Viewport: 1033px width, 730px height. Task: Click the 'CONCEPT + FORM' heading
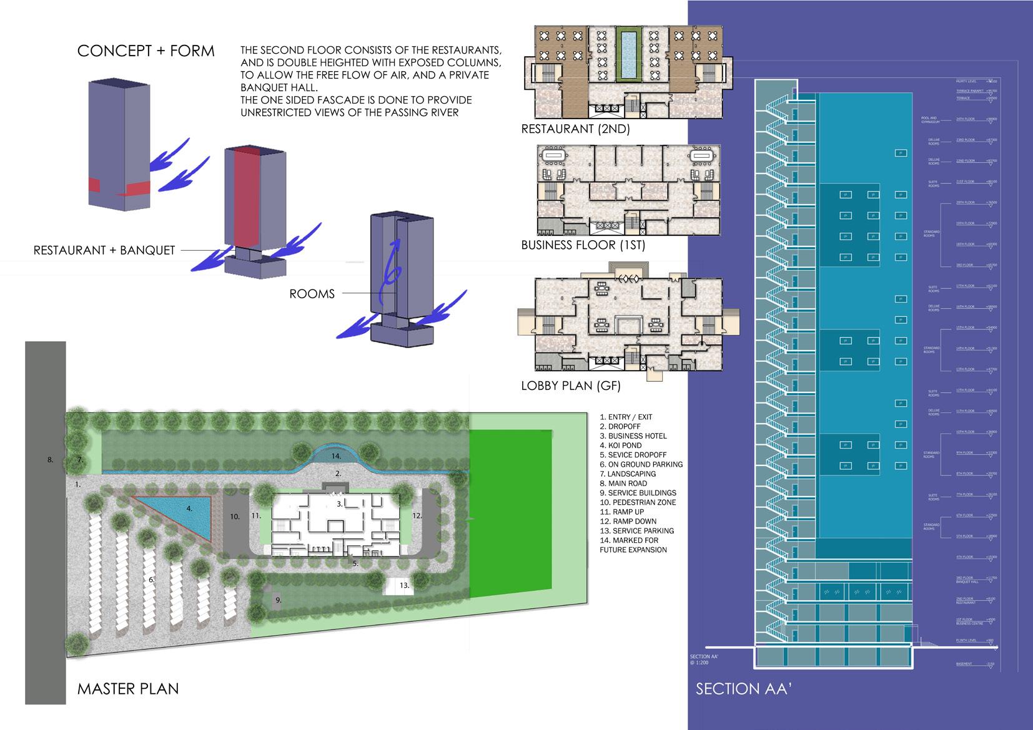coord(146,51)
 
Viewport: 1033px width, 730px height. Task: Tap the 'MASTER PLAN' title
coord(128,689)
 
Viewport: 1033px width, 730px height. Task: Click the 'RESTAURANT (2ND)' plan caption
coord(575,129)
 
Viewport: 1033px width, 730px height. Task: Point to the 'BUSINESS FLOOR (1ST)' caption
coord(583,245)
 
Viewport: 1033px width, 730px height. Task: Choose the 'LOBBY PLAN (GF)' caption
coord(571,386)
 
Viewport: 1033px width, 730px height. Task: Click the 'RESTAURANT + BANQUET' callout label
coord(104,251)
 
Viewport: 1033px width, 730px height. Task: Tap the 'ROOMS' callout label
coord(312,294)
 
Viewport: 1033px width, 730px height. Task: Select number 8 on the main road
coord(50,460)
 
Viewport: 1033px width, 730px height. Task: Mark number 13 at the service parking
coord(405,585)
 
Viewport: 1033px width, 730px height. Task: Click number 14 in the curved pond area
coord(336,456)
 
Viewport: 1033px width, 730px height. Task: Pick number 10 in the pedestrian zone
coord(235,517)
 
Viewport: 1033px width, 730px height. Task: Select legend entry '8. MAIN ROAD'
coord(623,484)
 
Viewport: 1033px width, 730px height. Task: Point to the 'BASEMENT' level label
coord(964,664)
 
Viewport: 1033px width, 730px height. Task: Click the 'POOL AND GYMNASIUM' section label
coord(929,119)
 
